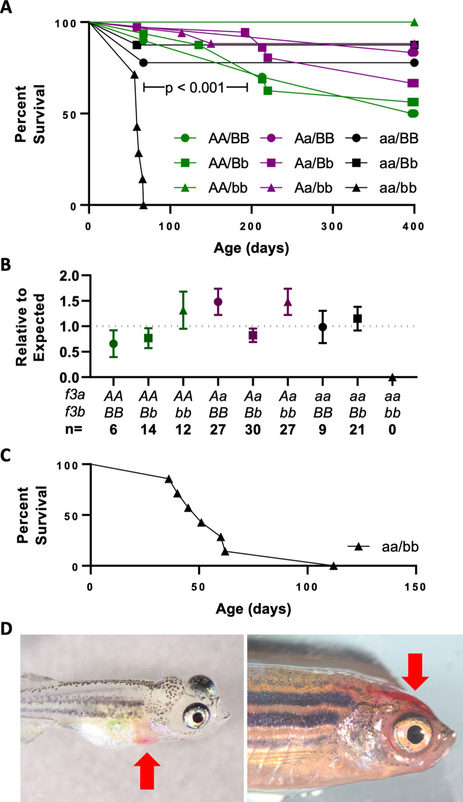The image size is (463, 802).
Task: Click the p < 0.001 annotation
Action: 195,88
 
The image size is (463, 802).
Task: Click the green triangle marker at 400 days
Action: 414,23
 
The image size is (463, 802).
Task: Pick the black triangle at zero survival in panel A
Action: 143,205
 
